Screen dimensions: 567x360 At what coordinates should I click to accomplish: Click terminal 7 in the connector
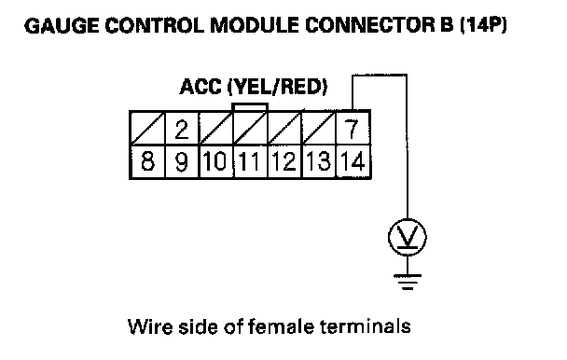[x=353, y=128]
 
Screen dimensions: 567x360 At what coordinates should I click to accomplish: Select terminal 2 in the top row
[x=182, y=128]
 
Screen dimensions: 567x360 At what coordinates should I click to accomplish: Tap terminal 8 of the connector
[x=147, y=161]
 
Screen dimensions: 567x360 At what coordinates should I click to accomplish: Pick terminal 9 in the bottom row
[x=182, y=161]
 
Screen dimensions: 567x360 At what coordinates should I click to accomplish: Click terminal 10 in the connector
[x=215, y=161]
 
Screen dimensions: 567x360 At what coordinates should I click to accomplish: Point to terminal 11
[x=250, y=161]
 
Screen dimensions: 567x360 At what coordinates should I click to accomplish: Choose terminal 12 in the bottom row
[x=284, y=161]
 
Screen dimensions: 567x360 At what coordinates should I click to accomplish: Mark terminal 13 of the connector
[x=319, y=161]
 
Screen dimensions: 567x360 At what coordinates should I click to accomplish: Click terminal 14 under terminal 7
[x=353, y=161]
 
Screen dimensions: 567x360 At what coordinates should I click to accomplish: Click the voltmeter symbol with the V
[x=408, y=237]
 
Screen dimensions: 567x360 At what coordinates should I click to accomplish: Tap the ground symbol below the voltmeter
[x=408, y=283]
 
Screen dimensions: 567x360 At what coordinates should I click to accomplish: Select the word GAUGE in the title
[x=62, y=26]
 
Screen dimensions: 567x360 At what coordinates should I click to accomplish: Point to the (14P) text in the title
[x=483, y=25]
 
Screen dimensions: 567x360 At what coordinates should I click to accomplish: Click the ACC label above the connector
[x=201, y=87]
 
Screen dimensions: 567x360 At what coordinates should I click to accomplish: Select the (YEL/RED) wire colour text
[x=278, y=87]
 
